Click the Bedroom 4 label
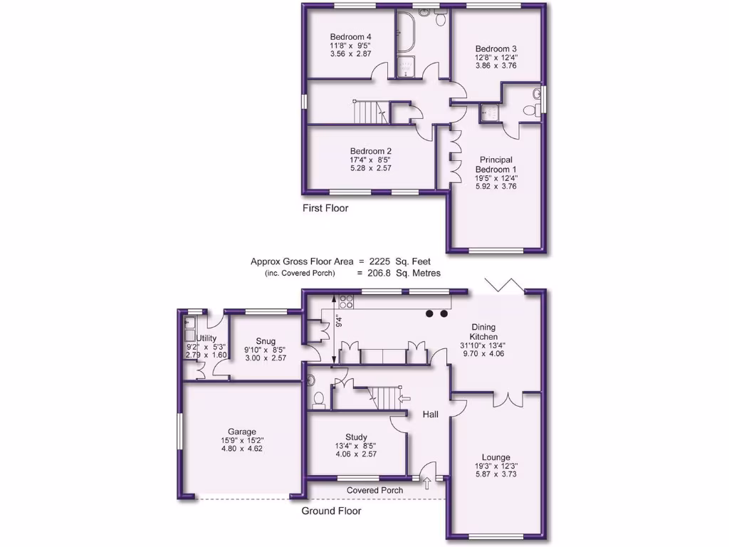point(350,37)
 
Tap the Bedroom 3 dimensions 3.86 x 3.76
point(495,66)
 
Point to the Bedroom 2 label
point(370,151)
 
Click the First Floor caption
point(325,209)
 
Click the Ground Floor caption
point(331,511)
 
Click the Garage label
point(242,432)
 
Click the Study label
point(356,437)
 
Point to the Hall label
point(430,415)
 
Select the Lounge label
point(495,457)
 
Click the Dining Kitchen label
point(483,332)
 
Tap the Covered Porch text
point(374,490)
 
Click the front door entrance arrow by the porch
point(427,484)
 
